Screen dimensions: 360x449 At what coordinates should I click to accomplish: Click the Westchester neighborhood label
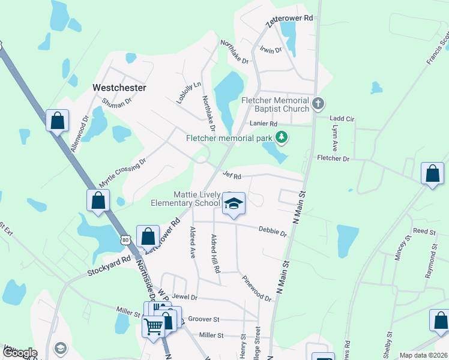[119, 88]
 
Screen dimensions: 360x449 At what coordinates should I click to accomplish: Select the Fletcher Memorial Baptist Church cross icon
[318, 104]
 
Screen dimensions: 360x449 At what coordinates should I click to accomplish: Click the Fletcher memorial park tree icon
[280, 137]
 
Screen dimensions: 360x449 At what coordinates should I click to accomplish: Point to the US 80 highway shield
[125, 239]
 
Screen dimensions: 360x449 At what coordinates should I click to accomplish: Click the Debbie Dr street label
[273, 231]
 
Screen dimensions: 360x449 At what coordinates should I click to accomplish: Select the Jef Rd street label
[232, 176]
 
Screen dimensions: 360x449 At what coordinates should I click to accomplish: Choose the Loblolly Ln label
[188, 93]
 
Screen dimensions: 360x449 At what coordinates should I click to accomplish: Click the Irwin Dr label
[271, 50]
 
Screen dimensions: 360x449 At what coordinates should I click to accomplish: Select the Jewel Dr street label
[184, 297]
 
